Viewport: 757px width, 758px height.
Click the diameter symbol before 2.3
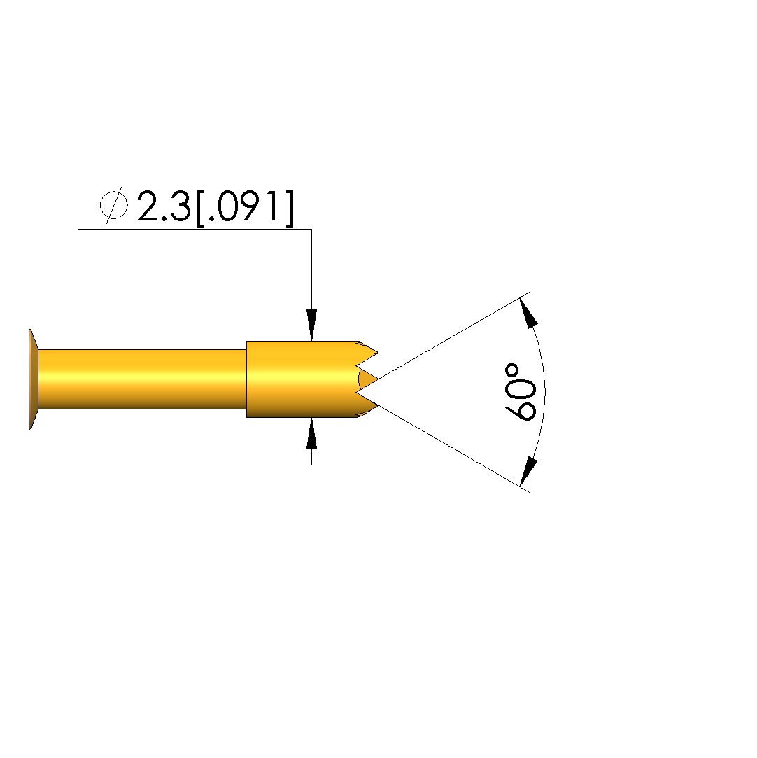click(114, 206)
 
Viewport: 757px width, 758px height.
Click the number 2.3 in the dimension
click(164, 206)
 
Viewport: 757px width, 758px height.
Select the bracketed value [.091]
click(245, 208)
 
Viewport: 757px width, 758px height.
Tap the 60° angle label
click(521, 392)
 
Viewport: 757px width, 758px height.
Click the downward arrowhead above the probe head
click(311, 325)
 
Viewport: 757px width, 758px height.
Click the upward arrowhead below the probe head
click(311, 433)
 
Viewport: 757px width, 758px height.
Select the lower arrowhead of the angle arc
click(528, 471)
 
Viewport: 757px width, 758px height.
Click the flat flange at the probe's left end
click(34, 379)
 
